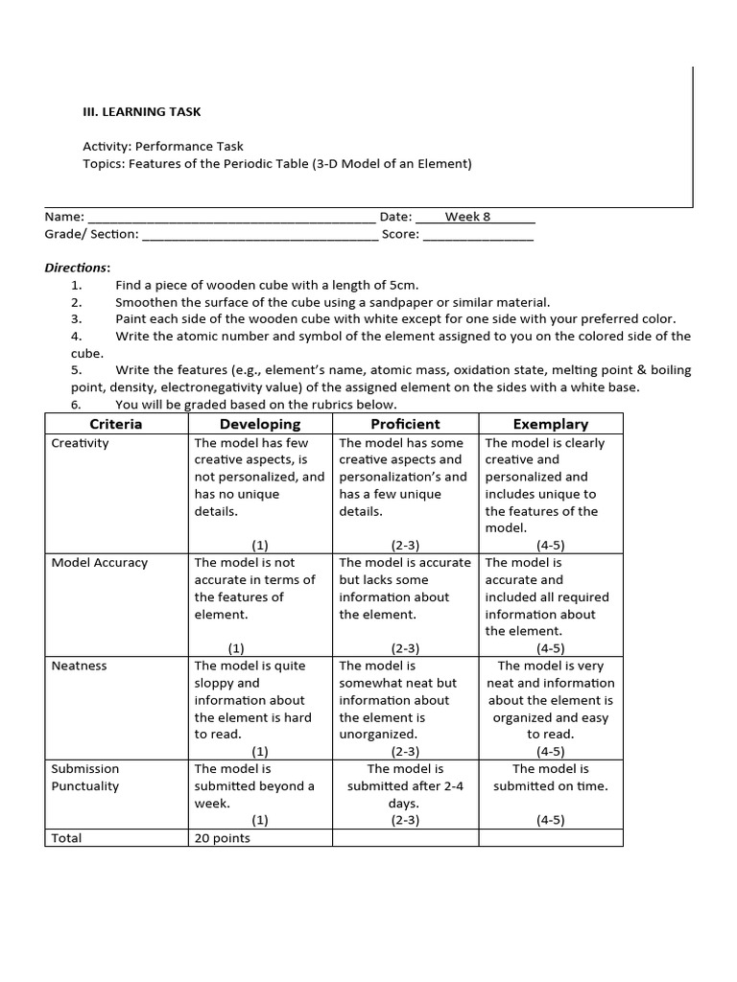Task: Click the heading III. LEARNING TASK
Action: pyautogui.click(x=142, y=112)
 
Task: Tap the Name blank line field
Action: pyautogui.click(x=231, y=219)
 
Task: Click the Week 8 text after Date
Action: pyautogui.click(x=467, y=217)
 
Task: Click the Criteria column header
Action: pyautogui.click(x=116, y=424)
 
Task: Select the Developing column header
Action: pyautogui.click(x=260, y=424)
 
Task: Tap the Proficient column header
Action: pyautogui.click(x=405, y=424)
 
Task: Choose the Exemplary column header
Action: pyautogui.click(x=551, y=424)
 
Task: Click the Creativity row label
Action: pyautogui.click(x=81, y=443)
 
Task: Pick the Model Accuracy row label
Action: pyautogui.click(x=100, y=563)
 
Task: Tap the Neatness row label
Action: pyautogui.click(x=79, y=666)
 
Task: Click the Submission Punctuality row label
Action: pyautogui.click(x=85, y=777)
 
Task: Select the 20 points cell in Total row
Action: pyautogui.click(x=222, y=838)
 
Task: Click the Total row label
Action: pyautogui.click(x=66, y=838)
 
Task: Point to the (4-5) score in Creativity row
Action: pyautogui.click(x=551, y=545)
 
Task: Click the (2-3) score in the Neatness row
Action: pyautogui.click(x=405, y=752)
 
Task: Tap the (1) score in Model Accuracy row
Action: pyautogui.click(x=236, y=648)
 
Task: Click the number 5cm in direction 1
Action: pyautogui.click(x=402, y=285)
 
